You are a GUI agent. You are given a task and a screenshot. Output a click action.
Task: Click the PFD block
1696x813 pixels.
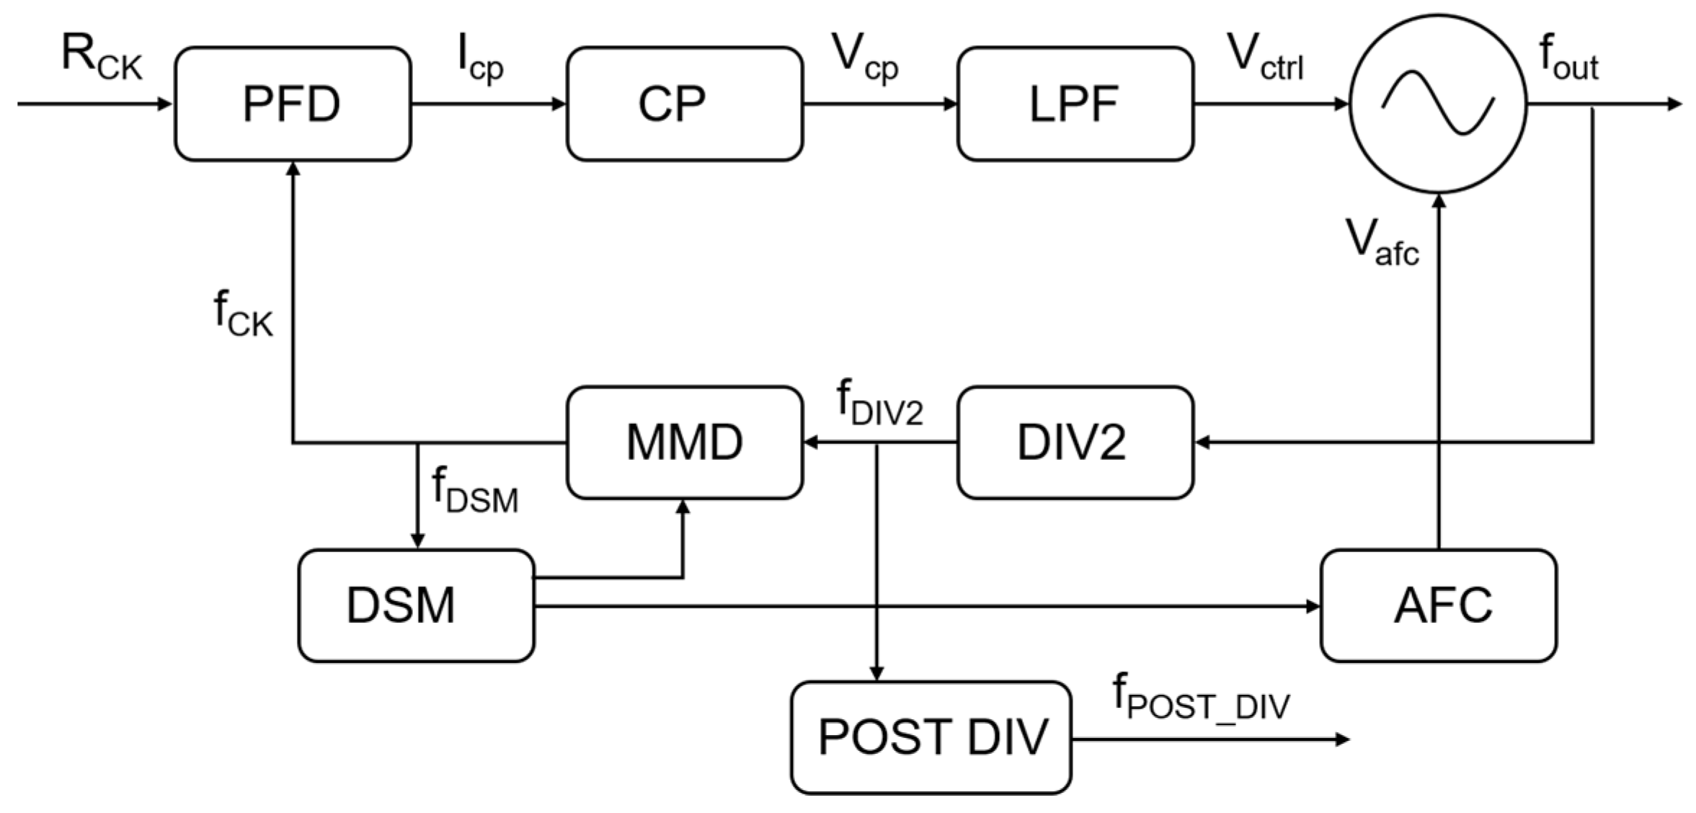[x=292, y=104]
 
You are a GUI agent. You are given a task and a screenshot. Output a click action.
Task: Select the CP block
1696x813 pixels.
[x=683, y=104]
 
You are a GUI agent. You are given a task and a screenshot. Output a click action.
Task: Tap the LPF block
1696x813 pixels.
[x=1075, y=104]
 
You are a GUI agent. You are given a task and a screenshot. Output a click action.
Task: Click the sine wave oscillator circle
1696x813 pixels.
[x=1437, y=104]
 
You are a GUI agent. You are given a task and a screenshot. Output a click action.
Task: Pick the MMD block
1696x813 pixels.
[x=683, y=442]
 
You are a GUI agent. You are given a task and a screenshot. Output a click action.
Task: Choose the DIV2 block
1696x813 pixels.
[x=1075, y=442]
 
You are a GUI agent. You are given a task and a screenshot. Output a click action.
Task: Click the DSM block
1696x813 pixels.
[x=416, y=605]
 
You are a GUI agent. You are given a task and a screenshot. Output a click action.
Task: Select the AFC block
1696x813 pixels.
[x=1438, y=605]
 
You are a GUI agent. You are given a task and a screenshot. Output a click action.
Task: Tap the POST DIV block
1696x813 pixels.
[x=931, y=737]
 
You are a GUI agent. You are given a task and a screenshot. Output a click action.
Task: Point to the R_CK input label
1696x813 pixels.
[x=102, y=58]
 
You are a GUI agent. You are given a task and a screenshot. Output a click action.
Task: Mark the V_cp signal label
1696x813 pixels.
[x=864, y=58]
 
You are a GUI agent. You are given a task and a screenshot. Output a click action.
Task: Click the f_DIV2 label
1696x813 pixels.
[x=879, y=404]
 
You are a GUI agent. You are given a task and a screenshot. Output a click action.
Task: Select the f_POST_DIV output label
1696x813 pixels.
[x=1201, y=698]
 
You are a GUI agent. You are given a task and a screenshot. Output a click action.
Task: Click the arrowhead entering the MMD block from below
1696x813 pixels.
[x=683, y=507]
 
